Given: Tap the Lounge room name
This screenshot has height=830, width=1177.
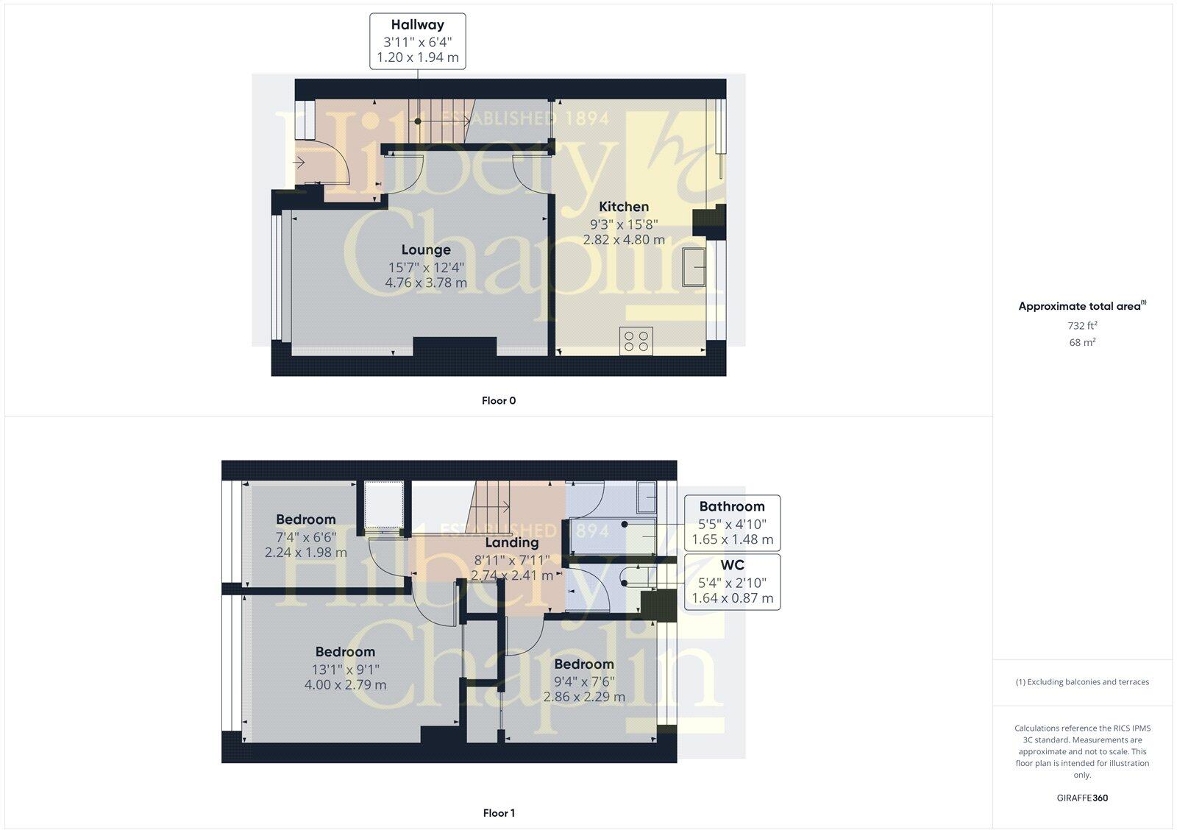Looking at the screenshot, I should [426, 250].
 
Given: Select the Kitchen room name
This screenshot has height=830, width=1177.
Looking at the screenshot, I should [624, 207].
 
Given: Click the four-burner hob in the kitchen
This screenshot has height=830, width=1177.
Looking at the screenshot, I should [636, 341].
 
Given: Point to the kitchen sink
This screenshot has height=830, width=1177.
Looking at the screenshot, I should [694, 266].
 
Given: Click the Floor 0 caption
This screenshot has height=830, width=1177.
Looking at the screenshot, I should [499, 401].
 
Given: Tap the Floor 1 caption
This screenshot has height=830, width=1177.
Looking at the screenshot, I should [499, 813].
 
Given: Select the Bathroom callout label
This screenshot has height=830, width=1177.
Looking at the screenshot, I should [731, 506].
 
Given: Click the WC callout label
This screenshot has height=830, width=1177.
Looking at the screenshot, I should [732, 565].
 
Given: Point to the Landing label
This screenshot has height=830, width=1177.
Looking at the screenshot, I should [512, 542].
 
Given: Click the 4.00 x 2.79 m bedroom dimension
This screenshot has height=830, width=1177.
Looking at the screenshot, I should [345, 685].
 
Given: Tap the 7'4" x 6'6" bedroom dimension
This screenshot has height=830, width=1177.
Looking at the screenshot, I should [306, 536].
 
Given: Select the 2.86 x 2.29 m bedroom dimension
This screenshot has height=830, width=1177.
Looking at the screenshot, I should [584, 697].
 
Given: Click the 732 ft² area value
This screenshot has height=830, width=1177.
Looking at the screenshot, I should [1082, 325].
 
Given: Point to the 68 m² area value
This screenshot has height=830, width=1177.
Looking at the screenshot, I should [1082, 342].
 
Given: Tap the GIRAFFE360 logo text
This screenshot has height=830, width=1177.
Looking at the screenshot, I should [1082, 798].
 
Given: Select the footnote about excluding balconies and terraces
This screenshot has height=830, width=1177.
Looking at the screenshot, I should [1082, 682].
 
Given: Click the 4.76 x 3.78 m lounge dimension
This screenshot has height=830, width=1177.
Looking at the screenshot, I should [426, 283].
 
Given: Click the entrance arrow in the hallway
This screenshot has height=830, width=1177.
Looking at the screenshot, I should [299, 162].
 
